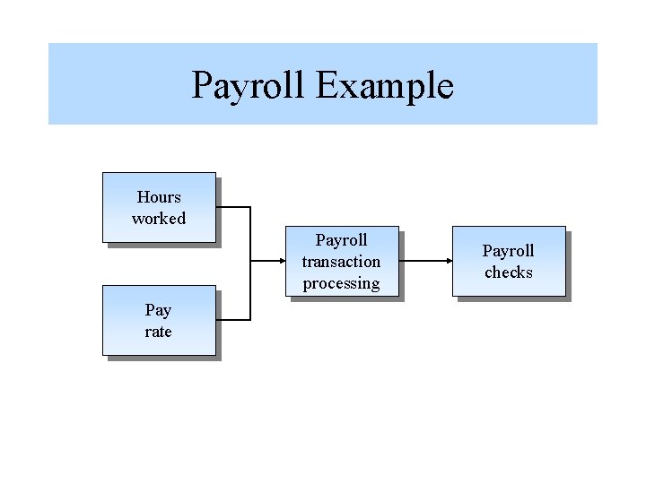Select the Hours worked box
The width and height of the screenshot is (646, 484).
[x=159, y=207]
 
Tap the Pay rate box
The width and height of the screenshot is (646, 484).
[x=159, y=320]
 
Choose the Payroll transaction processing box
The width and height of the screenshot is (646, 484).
[x=341, y=261]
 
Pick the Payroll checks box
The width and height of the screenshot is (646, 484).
[x=509, y=261]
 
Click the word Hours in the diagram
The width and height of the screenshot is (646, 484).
[x=159, y=197]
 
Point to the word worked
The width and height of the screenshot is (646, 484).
[x=159, y=219]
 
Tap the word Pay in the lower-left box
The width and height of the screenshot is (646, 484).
[x=158, y=310]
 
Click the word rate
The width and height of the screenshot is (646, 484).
[x=158, y=332]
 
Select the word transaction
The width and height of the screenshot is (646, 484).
[x=341, y=262]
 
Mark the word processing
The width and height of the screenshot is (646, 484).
[x=341, y=283]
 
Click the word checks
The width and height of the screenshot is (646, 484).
[x=509, y=272]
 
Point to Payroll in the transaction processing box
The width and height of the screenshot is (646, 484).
[x=341, y=240]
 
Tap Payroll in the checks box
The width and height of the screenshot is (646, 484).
[x=509, y=251]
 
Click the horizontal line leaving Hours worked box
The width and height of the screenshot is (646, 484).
[x=233, y=207]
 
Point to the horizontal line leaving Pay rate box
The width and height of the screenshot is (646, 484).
[x=233, y=320]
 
